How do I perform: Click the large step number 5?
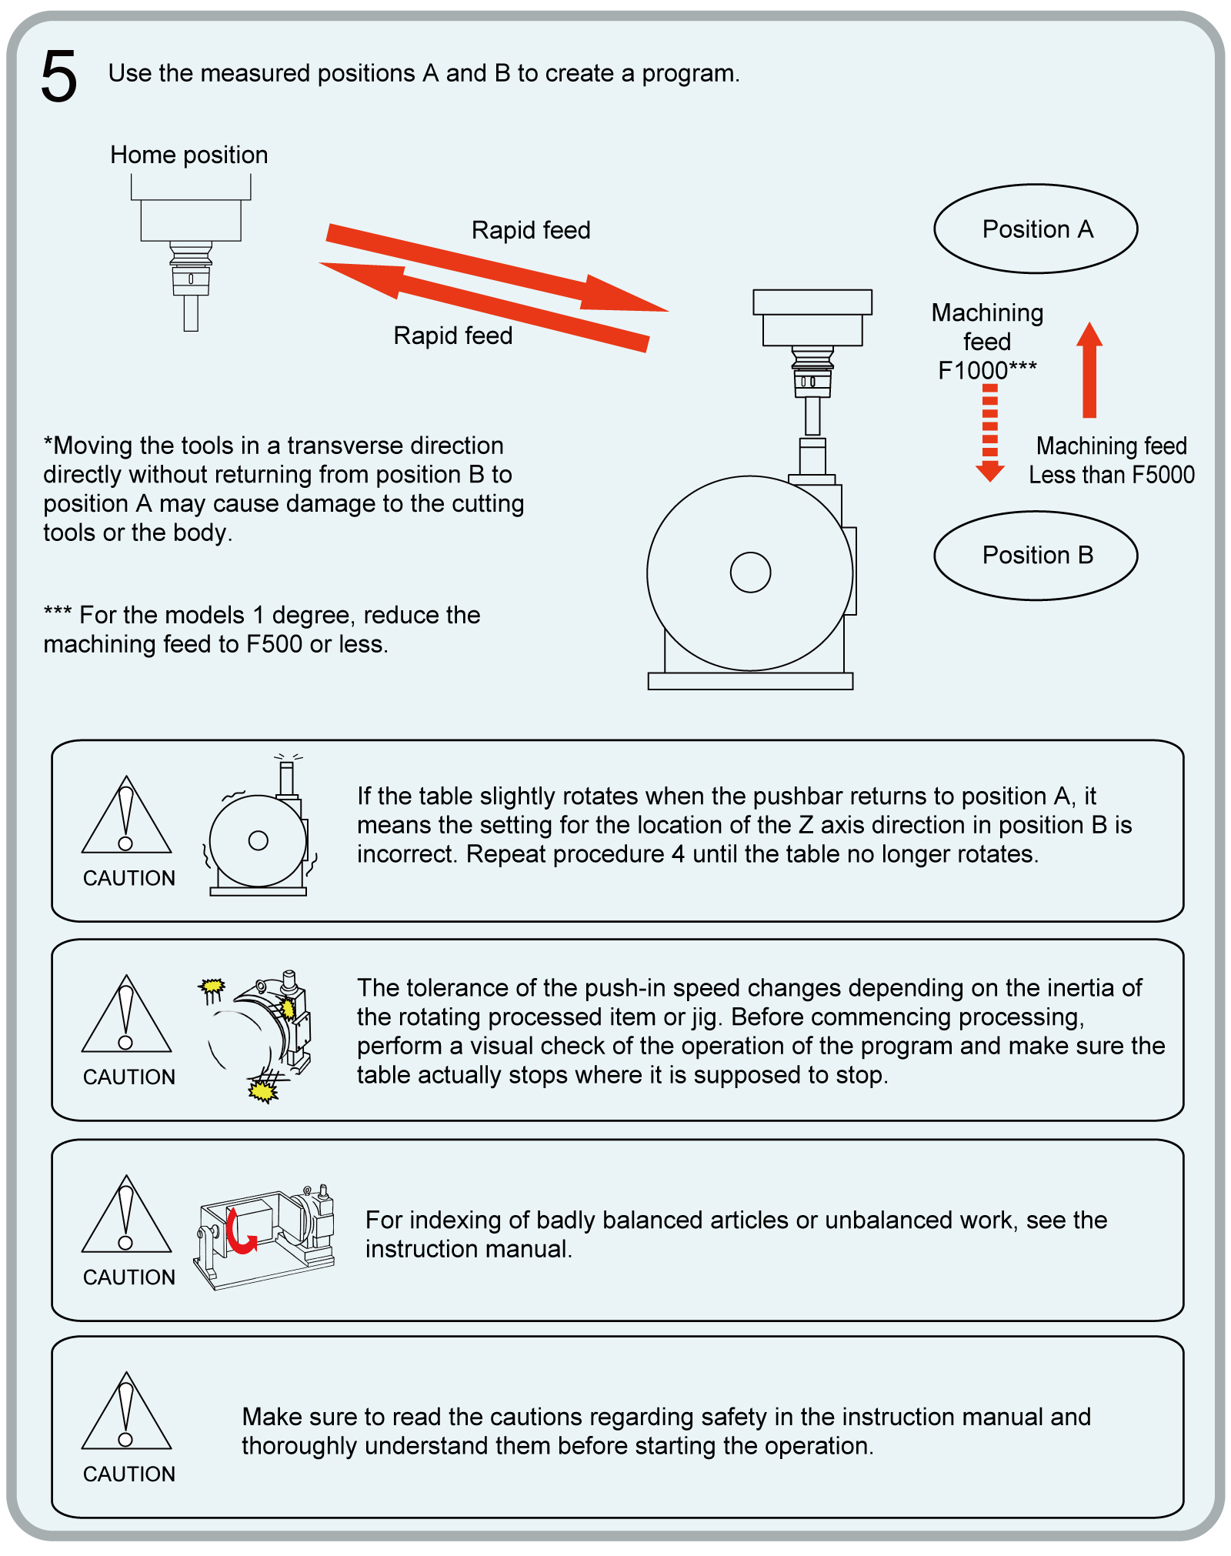[59, 76]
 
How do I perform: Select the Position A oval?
[1036, 229]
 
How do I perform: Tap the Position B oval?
[1036, 555]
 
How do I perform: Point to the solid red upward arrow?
[1089, 369]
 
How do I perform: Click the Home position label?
[188, 155]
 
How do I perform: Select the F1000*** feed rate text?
[987, 370]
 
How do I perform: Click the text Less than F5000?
[1112, 475]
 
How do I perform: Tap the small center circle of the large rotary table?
[750, 573]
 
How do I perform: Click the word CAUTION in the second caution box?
[129, 1077]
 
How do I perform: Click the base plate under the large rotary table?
[750, 681]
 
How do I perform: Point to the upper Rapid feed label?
[531, 230]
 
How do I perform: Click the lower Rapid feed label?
[452, 336]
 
